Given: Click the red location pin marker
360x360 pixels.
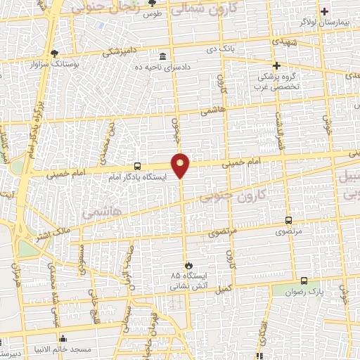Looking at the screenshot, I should [x=181, y=165].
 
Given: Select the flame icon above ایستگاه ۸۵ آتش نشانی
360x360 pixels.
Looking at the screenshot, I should [x=188, y=264].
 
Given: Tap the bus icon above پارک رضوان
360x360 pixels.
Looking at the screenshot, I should [x=304, y=280].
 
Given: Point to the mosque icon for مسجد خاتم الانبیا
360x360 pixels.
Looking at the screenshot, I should [x=63, y=338].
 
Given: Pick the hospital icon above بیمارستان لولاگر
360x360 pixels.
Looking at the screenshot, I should [x=325, y=11].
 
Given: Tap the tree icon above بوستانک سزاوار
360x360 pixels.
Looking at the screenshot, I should [x=55, y=53].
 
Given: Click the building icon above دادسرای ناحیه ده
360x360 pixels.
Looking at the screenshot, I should [x=163, y=56].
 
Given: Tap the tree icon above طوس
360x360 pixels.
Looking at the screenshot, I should [x=150, y=4].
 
